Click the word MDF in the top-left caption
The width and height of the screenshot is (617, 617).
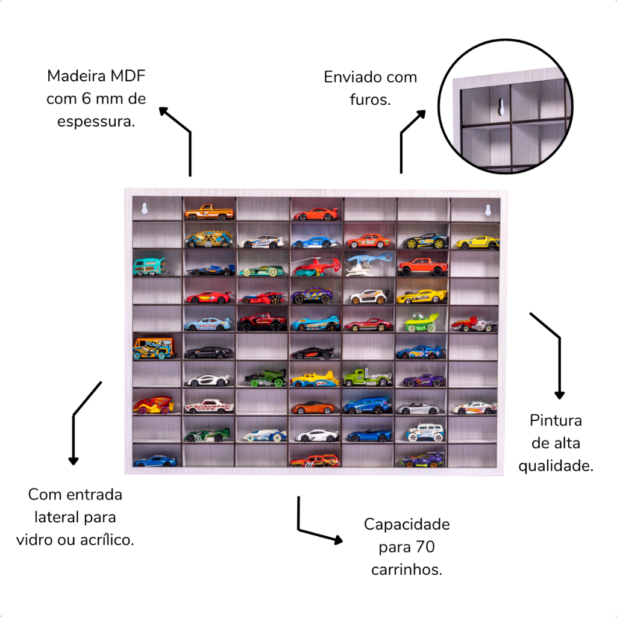coord(128,77)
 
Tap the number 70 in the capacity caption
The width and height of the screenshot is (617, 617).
coord(425,547)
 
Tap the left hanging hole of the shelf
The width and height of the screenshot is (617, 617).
coord(144,209)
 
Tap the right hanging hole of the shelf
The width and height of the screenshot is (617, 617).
coord(488,210)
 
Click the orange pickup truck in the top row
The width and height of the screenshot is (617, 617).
coord(208,212)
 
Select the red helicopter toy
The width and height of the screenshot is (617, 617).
coord(315,266)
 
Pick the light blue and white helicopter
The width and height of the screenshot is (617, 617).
coord(368,265)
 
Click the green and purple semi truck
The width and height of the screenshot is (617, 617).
coord(367,378)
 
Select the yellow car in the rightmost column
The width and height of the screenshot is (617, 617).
coord(477,242)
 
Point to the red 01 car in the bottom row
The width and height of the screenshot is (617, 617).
coord(315,461)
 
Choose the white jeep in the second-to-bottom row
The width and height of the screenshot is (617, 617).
coord(425,432)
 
